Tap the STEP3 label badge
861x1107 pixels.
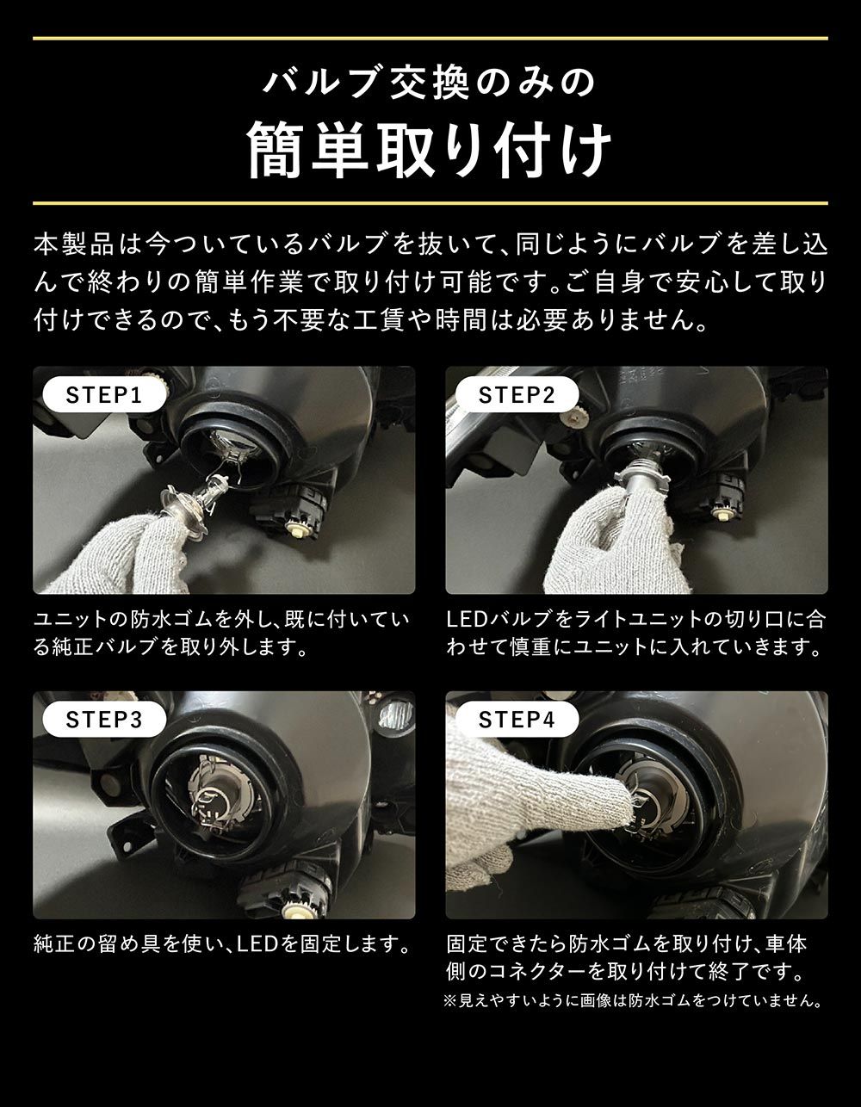point(103,720)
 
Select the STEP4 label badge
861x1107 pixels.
point(517,720)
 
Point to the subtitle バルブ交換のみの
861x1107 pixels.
point(430,83)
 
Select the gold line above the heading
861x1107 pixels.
point(430,38)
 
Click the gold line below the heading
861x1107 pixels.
point(430,203)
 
